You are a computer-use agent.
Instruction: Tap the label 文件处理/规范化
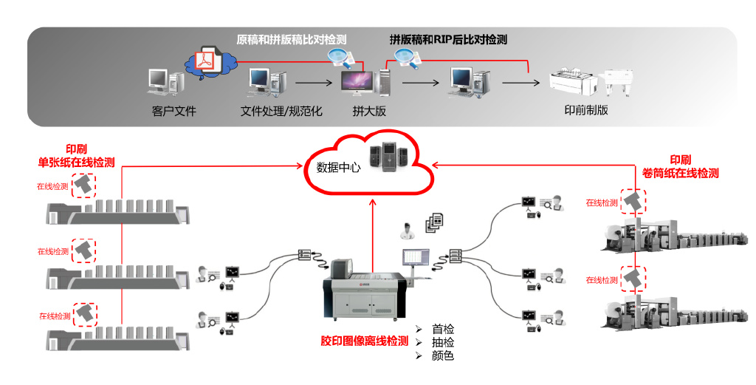282,112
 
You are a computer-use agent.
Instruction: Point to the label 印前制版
586,110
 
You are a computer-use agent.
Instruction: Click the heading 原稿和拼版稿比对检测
291,39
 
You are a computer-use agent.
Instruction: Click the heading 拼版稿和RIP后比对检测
448,39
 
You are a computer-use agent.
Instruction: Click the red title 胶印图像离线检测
364,341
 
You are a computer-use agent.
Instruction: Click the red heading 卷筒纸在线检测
680,174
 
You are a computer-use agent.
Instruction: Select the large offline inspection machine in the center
365,294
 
